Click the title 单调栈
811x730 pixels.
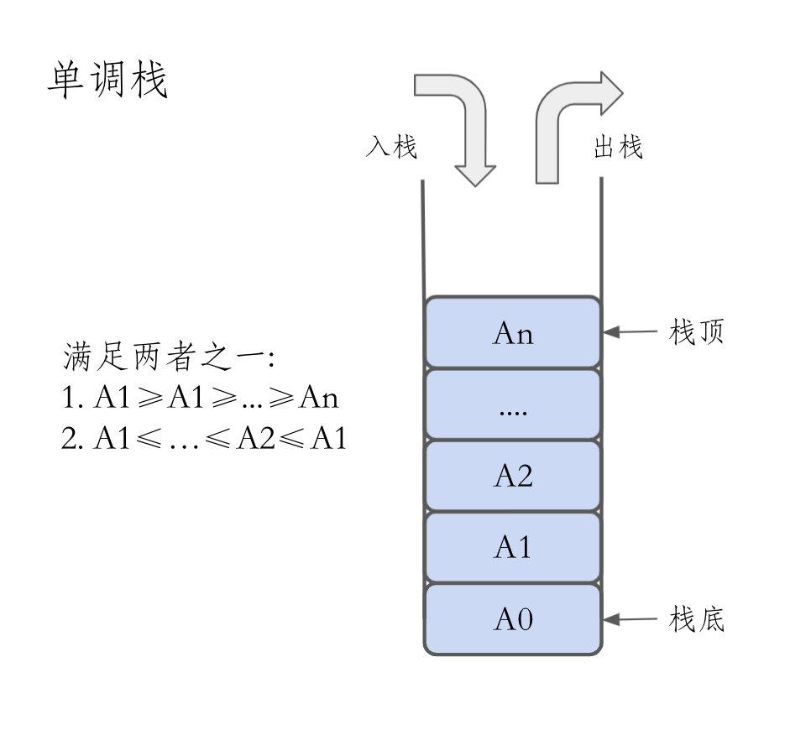pyautogui.click(x=107, y=80)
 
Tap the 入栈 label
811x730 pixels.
pyautogui.click(x=391, y=146)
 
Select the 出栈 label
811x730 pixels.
pyautogui.click(x=618, y=147)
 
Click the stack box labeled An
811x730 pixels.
pyautogui.click(x=513, y=332)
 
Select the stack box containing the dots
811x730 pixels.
pyautogui.click(x=513, y=404)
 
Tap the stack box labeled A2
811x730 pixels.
pyautogui.click(x=513, y=476)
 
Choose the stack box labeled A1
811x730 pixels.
pyautogui.click(x=513, y=547)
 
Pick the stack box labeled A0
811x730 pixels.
pyautogui.click(x=513, y=619)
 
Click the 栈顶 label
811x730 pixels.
pyautogui.click(x=696, y=331)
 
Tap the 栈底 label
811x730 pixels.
pyautogui.click(x=696, y=619)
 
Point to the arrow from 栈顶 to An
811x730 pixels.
pyautogui.click(x=630, y=332)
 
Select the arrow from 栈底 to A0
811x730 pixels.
pyautogui.click(x=630, y=619)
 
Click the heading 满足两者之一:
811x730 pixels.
pyautogui.click(x=169, y=357)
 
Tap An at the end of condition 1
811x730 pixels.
pyautogui.click(x=319, y=397)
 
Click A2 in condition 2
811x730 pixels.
pyautogui.click(x=256, y=438)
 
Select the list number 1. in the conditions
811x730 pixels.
pyautogui.click(x=72, y=397)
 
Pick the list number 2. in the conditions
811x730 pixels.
pyautogui.click(x=72, y=438)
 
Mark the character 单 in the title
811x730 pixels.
pyautogui.click(x=65, y=80)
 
